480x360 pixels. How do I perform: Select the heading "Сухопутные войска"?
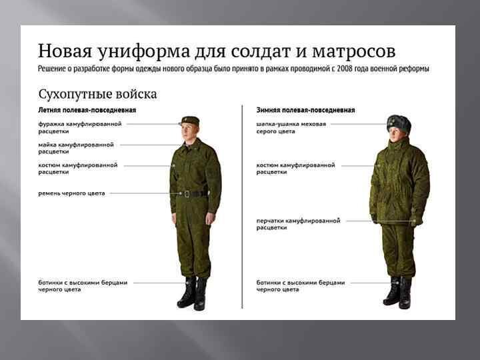[x=97, y=93]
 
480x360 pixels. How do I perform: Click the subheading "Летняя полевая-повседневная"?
[x=87, y=109]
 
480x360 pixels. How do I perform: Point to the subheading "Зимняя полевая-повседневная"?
[x=305, y=109]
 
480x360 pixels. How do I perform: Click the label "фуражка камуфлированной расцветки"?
[x=79, y=127]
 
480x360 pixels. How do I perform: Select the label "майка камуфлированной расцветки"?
[x=75, y=147]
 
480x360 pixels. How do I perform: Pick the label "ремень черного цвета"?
[x=71, y=193]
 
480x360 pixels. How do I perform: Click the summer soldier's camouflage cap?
[x=191, y=121]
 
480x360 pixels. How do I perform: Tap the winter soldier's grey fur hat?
[x=399, y=122]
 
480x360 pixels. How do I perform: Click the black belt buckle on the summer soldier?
[x=188, y=194]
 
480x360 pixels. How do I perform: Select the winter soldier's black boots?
[x=398, y=292]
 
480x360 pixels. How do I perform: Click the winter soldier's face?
[x=398, y=135]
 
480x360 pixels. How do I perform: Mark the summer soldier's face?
[x=188, y=132]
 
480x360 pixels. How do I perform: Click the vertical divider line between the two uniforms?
[x=241, y=207]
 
